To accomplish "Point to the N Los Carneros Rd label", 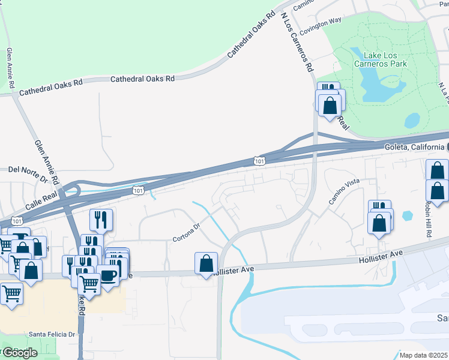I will pyautogui.click(x=297, y=42).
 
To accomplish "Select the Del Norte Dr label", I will pyautogui.click(x=28, y=169).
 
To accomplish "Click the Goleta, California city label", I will pyautogui.click(x=414, y=147).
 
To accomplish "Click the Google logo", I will pyautogui.click(x=19, y=352).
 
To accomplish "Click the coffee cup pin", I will pyautogui.click(x=108, y=277).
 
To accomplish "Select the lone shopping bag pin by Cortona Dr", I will pyautogui.click(x=206, y=263).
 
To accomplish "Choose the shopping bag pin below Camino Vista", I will pyautogui.click(x=379, y=223).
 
